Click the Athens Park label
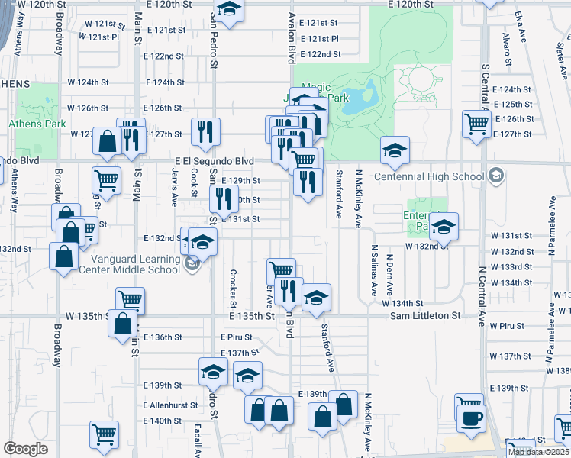click(36, 124)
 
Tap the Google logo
click(25, 449)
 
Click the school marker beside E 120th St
click(227, 10)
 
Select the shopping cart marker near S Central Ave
click(476, 123)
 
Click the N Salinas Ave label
click(374, 270)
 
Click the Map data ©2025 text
click(539, 452)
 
